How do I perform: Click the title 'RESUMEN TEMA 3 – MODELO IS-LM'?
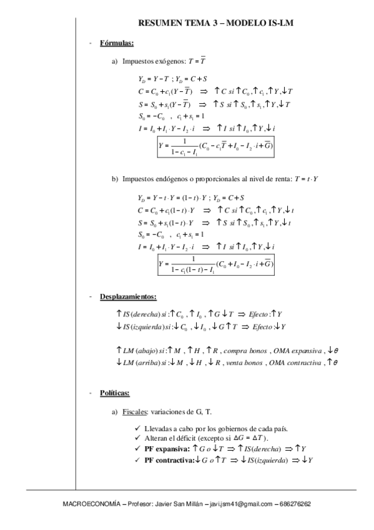tap(215, 23)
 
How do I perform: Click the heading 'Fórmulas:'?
tap(117, 44)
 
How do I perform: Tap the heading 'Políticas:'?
tap(114, 393)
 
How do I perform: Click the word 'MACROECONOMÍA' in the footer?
tap(88, 504)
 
